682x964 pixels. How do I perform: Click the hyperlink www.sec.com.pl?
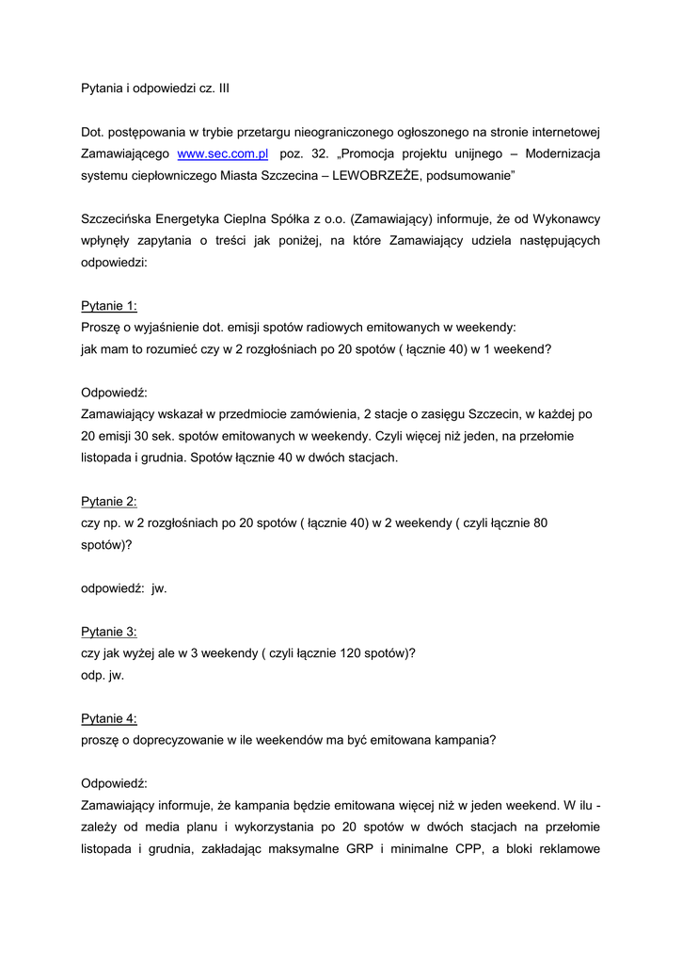click(224, 152)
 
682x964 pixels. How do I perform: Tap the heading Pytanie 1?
click(109, 305)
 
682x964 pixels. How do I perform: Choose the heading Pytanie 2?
click(109, 502)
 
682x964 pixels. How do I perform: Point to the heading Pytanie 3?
click(109, 632)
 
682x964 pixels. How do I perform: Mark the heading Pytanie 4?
click(109, 718)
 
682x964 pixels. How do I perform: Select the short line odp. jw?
click(103, 675)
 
